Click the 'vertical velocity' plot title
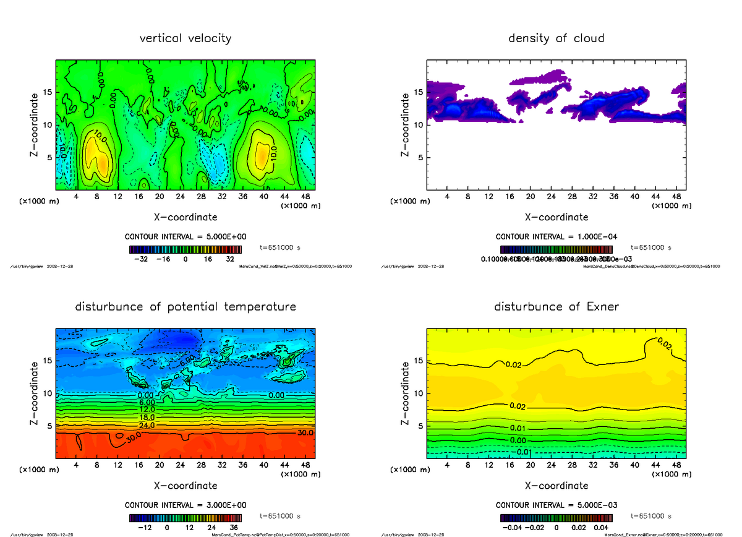(185, 38)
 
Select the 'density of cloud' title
(556, 38)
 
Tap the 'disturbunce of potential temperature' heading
(185, 307)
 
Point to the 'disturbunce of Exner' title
(556, 307)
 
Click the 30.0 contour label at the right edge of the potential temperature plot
(305, 433)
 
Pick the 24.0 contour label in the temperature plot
(147, 425)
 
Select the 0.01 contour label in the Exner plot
(518, 428)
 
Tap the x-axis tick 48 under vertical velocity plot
(305, 197)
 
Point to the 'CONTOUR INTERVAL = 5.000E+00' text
(185, 237)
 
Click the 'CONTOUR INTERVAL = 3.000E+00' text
(185, 505)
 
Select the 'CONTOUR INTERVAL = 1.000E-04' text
(556, 237)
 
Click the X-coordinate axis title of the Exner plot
(556, 486)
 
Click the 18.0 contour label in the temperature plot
(147, 418)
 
